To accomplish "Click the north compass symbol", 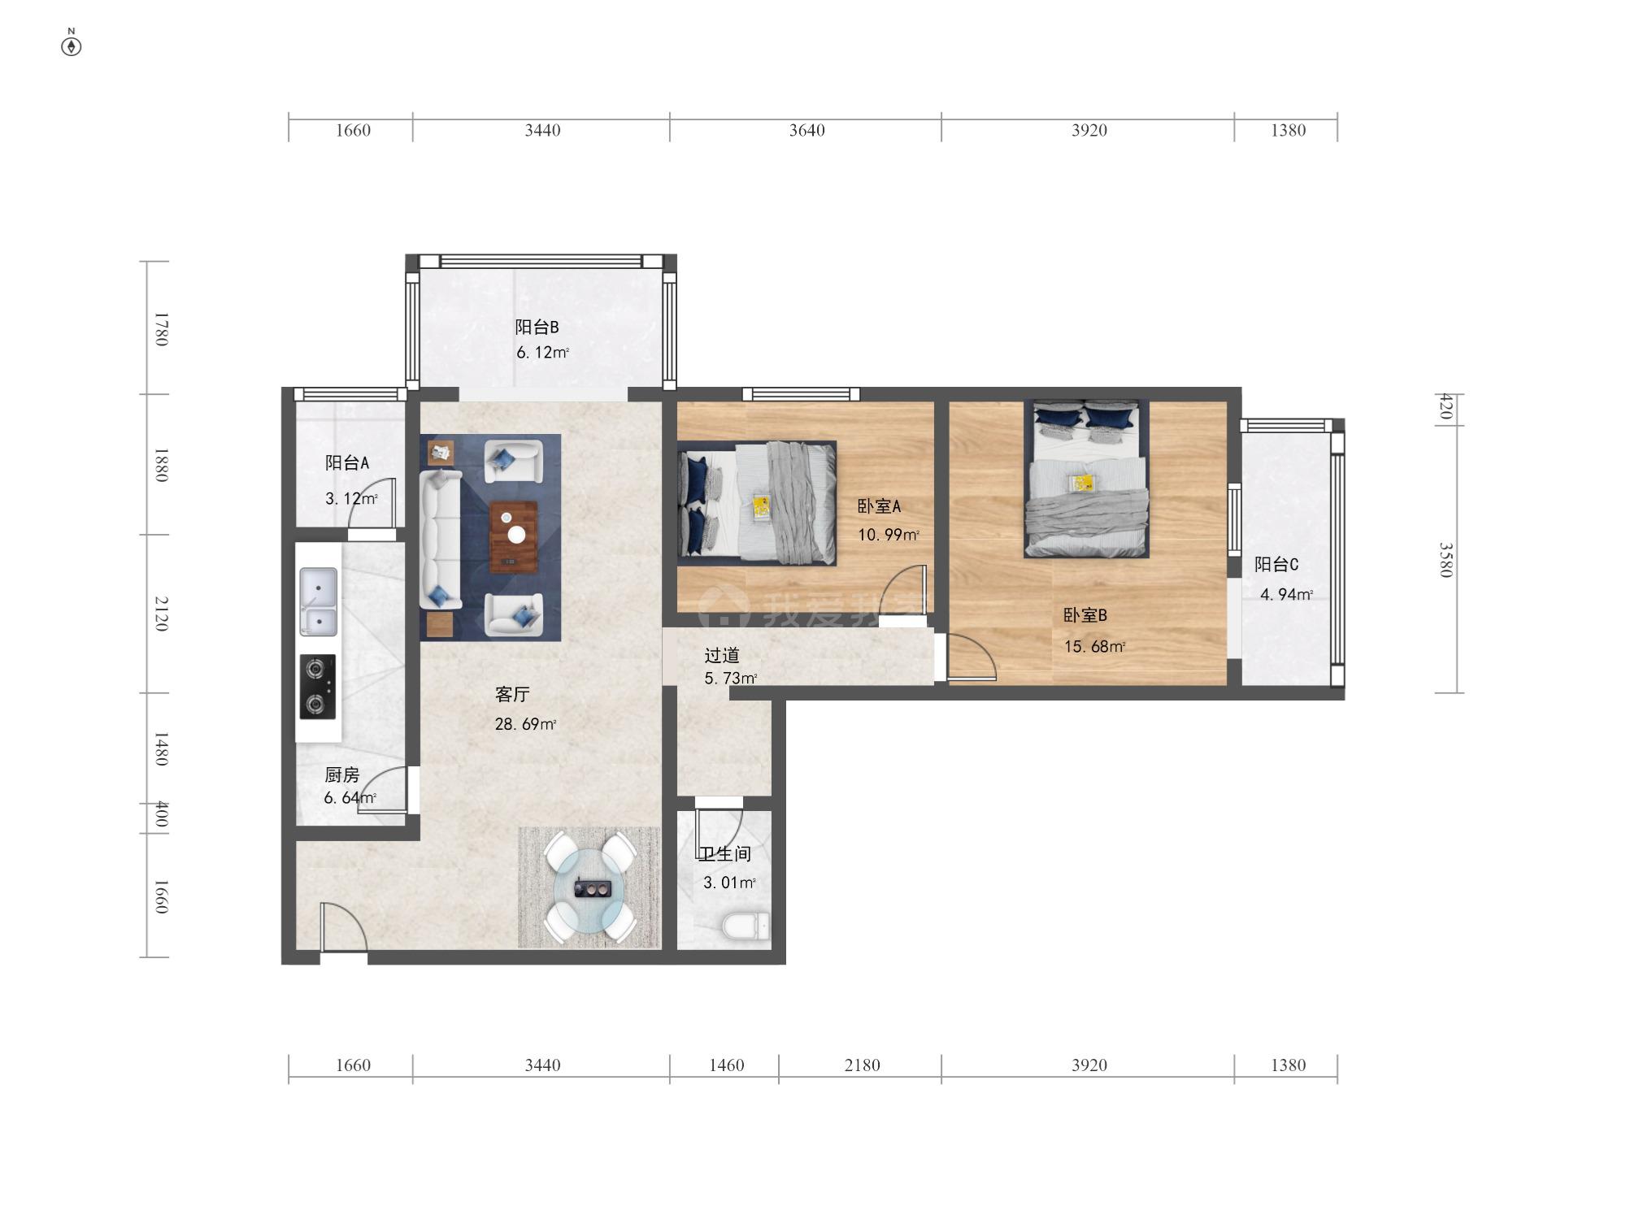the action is pyautogui.click(x=72, y=46).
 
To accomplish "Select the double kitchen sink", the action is pyautogui.click(x=318, y=602).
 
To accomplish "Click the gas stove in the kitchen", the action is pyautogui.click(x=318, y=688).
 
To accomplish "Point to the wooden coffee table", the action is pyautogui.click(x=514, y=537).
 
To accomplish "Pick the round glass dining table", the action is pyautogui.click(x=589, y=887).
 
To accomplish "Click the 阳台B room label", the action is pyautogui.click(x=537, y=327).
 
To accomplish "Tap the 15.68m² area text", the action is pyautogui.click(x=1094, y=647).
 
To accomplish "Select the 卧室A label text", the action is pyautogui.click(x=879, y=506).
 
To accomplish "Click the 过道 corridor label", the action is pyautogui.click(x=721, y=655).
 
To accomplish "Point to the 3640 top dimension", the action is pyautogui.click(x=806, y=131).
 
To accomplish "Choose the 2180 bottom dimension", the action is pyautogui.click(x=862, y=1065).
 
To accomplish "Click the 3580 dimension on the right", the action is pyautogui.click(x=1446, y=560).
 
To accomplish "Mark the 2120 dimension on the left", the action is pyautogui.click(x=161, y=614).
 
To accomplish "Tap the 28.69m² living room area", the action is pyautogui.click(x=525, y=724).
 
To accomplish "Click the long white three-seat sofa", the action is pyautogui.click(x=441, y=540).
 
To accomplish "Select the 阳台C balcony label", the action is pyautogui.click(x=1276, y=564).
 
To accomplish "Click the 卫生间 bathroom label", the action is pyautogui.click(x=725, y=854).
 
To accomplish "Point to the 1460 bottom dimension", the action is pyautogui.click(x=726, y=1065).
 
